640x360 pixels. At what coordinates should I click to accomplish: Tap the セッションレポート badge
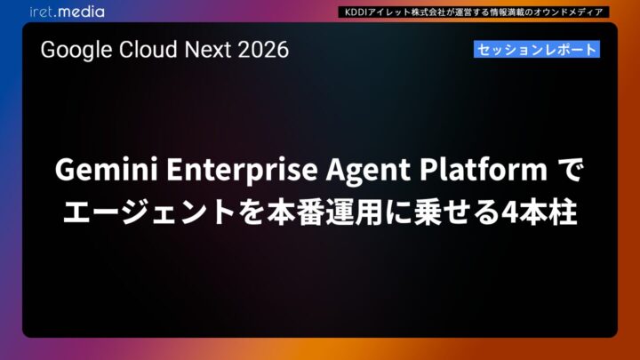536,50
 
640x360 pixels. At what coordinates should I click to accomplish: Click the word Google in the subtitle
72,51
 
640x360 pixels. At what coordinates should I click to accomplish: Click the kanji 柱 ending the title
562,212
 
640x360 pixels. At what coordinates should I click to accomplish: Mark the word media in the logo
82,12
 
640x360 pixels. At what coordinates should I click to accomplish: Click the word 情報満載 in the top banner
509,12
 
